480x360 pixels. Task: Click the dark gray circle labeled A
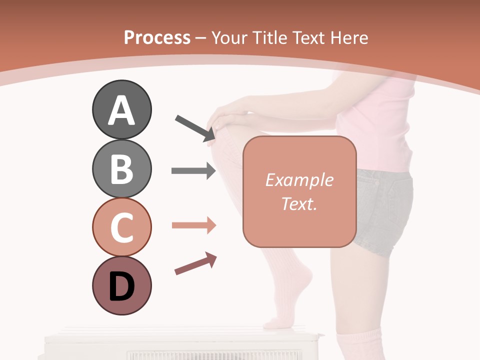click(121, 109)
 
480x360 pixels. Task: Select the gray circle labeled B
click(121, 168)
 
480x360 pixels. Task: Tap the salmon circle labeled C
click(121, 227)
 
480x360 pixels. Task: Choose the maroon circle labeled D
click(121, 285)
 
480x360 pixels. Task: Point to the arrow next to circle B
click(193, 171)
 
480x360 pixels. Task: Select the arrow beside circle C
click(193, 225)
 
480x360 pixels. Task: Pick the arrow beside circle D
click(195, 263)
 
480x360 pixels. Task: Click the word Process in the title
click(157, 37)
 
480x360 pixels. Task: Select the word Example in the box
click(299, 180)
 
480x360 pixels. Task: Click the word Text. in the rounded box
click(299, 203)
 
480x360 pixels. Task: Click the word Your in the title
click(229, 37)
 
